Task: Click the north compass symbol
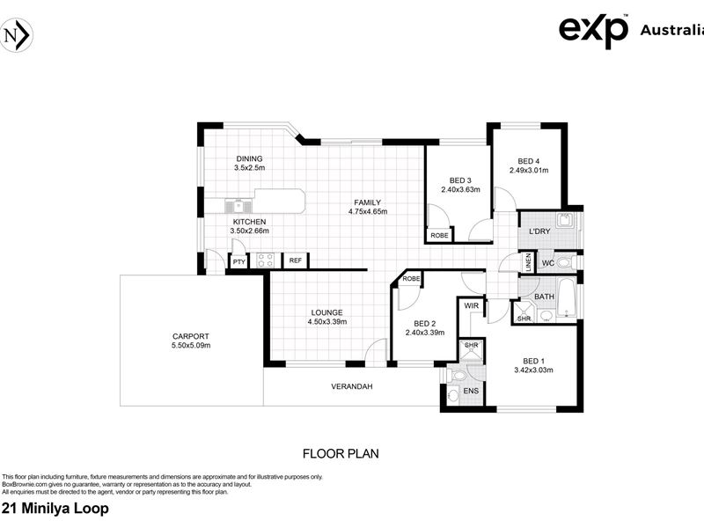click(x=16, y=35)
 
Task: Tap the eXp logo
click(x=593, y=31)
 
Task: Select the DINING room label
click(x=249, y=158)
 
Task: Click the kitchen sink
click(x=238, y=206)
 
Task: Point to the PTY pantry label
click(x=239, y=261)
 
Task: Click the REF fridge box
click(x=296, y=260)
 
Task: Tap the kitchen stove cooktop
click(x=266, y=260)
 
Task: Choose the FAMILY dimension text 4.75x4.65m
click(x=368, y=211)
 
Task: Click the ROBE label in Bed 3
click(x=439, y=235)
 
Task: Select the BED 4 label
click(x=529, y=161)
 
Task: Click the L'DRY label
click(x=539, y=231)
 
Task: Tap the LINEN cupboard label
click(x=529, y=262)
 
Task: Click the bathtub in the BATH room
click(x=566, y=297)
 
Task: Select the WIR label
click(x=472, y=305)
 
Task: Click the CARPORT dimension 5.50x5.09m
click(x=191, y=345)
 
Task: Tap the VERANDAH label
click(x=352, y=386)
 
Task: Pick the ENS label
click(x=471, y=391)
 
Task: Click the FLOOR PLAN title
click(x=341, y=453)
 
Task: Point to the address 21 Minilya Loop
click(x=55, y=509)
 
